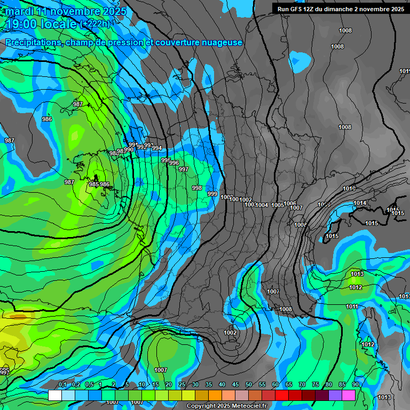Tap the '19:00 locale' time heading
coord(41,24)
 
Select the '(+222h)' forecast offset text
coord(96,24)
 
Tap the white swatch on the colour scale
coord(55,395)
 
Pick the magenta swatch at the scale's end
coord(349,395)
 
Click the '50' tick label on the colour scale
coord(249,385)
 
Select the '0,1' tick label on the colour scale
coord(62,385)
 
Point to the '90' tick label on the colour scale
coord(355,385)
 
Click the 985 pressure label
coord(93,184)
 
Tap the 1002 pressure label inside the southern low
coord(230,333)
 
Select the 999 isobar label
coord(212,194)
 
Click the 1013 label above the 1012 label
coord(357,274)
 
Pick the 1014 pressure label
coord(360,203)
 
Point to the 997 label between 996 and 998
coord(183,169)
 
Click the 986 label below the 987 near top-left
coord(47,119)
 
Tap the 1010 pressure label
coord(349,188)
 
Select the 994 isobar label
coord(157,148)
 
